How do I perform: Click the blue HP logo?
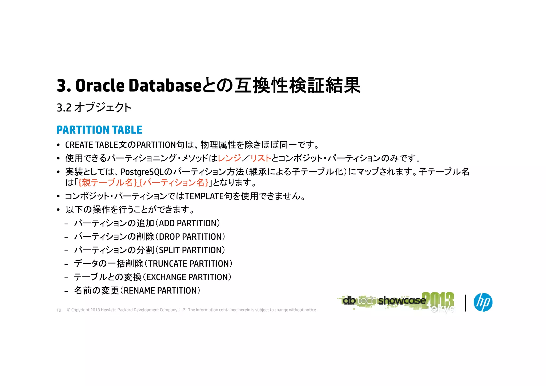(x=483, y=302)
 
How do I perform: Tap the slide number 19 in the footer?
(x=59, y=310)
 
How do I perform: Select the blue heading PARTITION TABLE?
(x=99, y=130)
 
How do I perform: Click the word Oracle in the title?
(x=100, y=86)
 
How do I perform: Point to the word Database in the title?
(x=165, y=86)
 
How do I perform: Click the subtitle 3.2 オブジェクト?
(x=94, y=107)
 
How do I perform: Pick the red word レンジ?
(x=229, y=158)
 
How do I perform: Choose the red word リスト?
(x=260, y=158)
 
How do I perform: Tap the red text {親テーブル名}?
(x=108, y=183)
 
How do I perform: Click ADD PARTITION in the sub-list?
(x=189, y=223)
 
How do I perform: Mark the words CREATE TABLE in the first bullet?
(x=91, y=145)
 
